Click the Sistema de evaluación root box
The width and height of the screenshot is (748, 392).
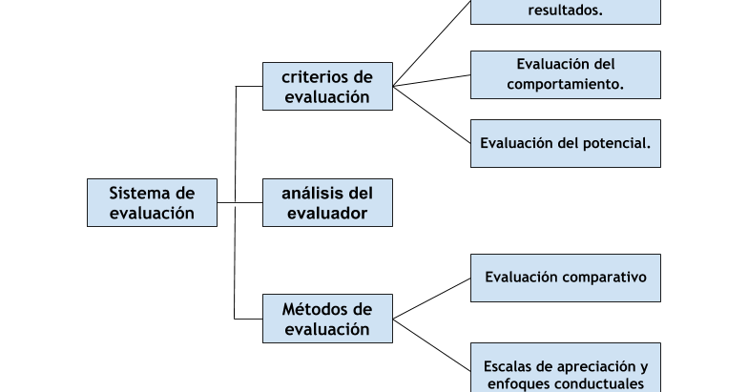point(151,202)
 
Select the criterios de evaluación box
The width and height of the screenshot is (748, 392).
point(327,86)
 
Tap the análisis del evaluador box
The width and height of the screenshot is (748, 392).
point(327,202)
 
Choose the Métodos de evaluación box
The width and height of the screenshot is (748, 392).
point(327,319)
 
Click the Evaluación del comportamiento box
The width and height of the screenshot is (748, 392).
point(565,74)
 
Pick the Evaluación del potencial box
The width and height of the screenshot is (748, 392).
point(565,143)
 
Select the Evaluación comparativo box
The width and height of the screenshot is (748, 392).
point(565,278)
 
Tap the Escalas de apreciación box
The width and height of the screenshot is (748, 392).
point(565,370)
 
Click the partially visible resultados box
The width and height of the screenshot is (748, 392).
point(565,12)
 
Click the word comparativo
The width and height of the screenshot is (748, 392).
point(606,278)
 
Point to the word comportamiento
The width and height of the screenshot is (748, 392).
point(565,84)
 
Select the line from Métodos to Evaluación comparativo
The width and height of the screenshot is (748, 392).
point(432,299)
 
